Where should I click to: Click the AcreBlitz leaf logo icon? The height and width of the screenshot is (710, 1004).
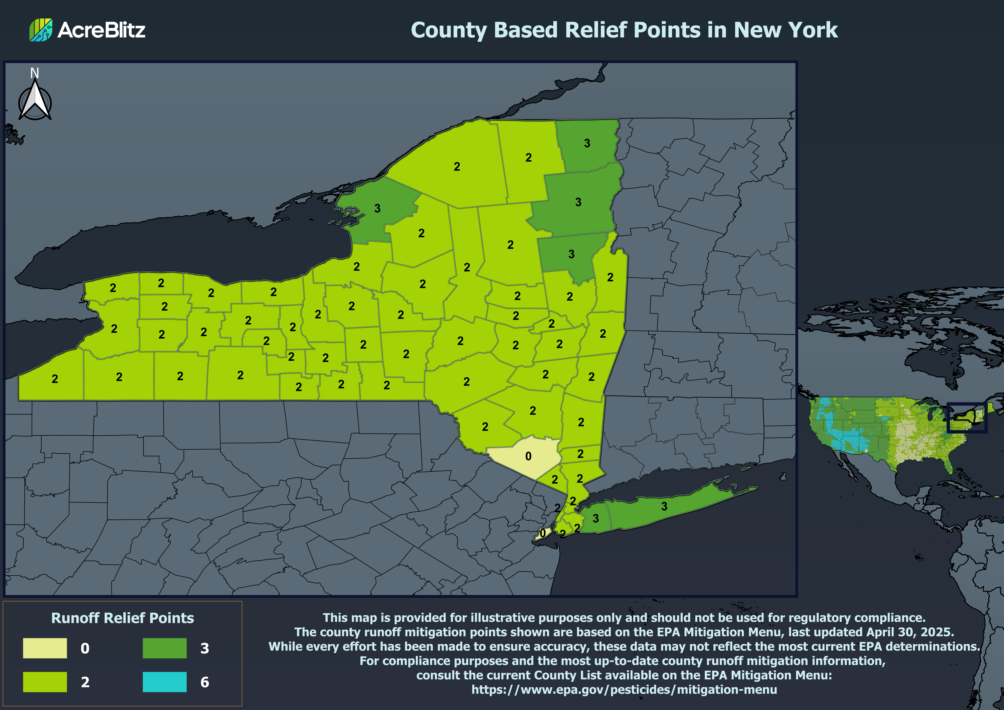click(x=41, y=30)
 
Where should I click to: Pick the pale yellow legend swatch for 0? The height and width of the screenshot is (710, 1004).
click(x=45, y=648)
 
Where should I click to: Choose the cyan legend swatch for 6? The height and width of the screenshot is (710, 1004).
click(x=164, y=682)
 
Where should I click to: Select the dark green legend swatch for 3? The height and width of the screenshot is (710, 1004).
click(x=164, y=648)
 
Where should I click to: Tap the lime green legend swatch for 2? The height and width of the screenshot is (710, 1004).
click(x=45, y=682)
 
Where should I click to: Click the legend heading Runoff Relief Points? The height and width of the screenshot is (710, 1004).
click(x=122, y=618)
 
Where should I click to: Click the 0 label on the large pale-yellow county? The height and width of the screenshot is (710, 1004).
click(x=528, y=456)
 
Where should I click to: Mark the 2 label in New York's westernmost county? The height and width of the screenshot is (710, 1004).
click(x=55, y=379)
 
